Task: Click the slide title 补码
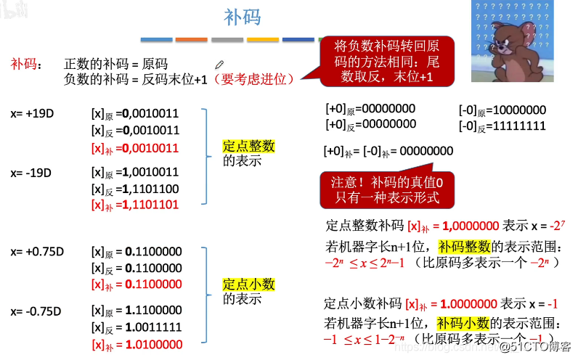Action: (242, 17)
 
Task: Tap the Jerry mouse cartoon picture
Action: (508, 42)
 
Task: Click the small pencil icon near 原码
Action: (219, 65)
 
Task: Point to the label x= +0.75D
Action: (37, 252)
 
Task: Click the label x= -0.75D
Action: (36, 311)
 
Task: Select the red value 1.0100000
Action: (153, 344)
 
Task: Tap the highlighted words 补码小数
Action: (463, 323)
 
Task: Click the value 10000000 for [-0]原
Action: (518, 110)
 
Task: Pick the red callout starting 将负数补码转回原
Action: (386, 60)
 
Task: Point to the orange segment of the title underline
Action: (191, 39)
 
